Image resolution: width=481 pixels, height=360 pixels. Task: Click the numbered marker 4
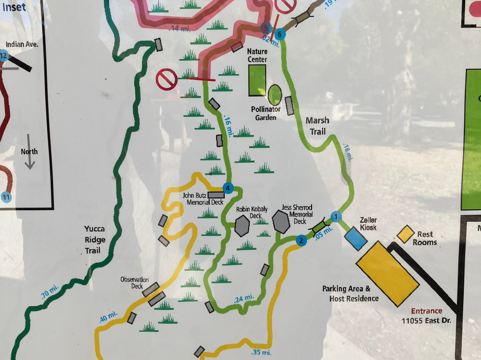(x=228, y=188)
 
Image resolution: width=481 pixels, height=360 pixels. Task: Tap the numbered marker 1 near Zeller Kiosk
(x=336, y=217)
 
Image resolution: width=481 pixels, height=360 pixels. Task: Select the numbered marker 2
(x=302, y=241)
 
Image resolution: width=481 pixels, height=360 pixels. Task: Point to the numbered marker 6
(x=280, y=33)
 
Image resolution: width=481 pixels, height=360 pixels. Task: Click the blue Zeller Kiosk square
(x=356, y=238)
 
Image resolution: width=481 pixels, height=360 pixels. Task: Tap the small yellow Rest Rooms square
(x=406, y=234)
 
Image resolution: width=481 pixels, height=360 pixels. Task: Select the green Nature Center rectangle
(x=257, y=80)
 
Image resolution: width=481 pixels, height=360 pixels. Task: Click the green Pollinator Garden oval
(x=275, y=95)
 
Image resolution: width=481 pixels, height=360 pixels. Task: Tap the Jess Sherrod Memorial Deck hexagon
(x=281, y=221)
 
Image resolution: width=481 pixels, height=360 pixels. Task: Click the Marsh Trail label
(x=318, y=126)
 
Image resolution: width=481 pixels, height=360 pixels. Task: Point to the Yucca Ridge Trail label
(x=94, y=240)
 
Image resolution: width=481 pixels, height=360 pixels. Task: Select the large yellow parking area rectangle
(x=387, y=274)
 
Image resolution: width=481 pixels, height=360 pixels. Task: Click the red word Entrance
(x=426, y=311)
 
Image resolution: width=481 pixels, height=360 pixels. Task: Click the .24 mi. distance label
(x=244, y=298)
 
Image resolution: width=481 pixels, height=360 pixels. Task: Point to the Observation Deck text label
(x=134, y=282)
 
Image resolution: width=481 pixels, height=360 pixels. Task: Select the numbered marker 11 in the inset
(x=5, y=196)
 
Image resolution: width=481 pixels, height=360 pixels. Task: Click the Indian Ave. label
(x=22, y=45)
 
